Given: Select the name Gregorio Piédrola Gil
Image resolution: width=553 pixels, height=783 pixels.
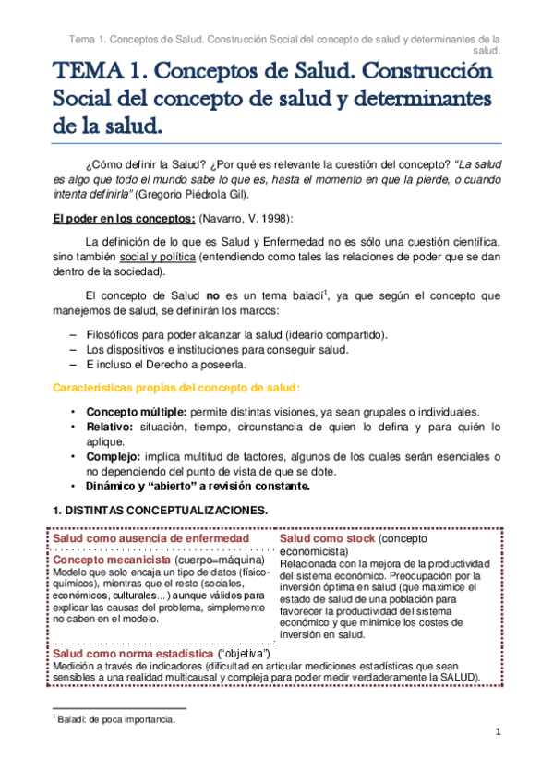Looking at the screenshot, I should point(192,195).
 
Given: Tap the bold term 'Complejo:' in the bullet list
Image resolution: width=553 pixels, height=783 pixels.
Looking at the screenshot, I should point(114,457).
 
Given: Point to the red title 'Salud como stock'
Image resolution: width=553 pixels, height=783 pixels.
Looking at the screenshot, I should point(327,537).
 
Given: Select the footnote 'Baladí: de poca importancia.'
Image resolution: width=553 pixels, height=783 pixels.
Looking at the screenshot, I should point(116,719).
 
